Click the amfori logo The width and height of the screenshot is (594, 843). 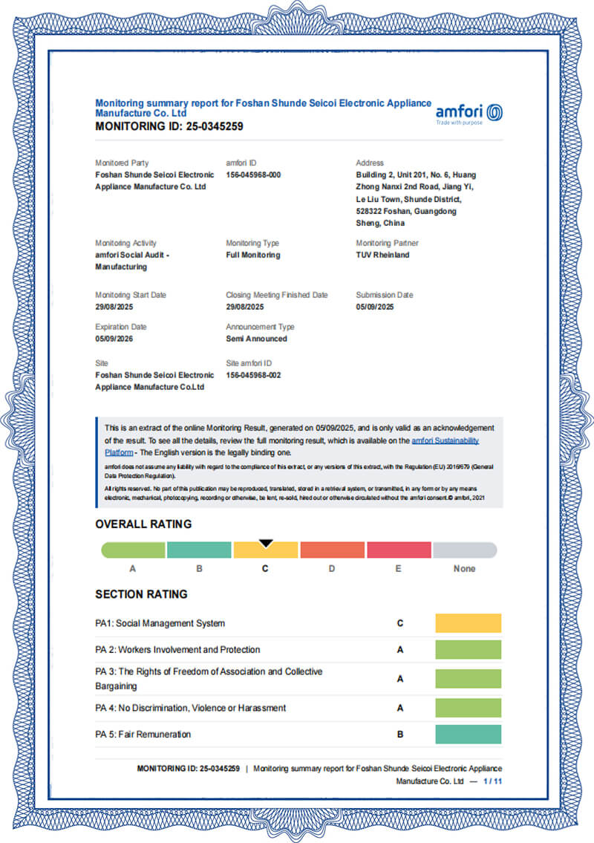click(469, 113)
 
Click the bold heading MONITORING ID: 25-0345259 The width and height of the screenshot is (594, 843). click(169, 126)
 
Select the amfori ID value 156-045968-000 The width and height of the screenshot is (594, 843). click(253, 175)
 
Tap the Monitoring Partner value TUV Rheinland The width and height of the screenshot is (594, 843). click(382, 255)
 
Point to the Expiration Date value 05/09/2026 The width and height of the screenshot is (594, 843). click(116, 339)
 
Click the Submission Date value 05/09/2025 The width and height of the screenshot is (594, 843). click(376, 307)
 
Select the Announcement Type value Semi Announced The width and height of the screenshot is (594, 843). click(256, 339)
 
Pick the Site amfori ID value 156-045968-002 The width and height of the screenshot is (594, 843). click(253, 375)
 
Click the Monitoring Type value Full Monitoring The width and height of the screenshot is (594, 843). click(253, 255)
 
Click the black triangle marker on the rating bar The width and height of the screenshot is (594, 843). click(266, 544)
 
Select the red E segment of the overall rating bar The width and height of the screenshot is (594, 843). click(399, 550)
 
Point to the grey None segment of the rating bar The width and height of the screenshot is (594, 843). click(465, 550)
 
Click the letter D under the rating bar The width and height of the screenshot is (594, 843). click(332, 569)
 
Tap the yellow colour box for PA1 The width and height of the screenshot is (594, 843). click(468, 623)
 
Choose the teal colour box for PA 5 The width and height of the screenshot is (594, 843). click(468, 735)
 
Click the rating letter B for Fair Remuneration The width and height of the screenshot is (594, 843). click(400, 735)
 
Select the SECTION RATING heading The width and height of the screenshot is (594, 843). click(141, 594)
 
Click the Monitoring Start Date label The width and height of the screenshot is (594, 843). click(131, 295)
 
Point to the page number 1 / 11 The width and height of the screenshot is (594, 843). click(493, 781)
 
